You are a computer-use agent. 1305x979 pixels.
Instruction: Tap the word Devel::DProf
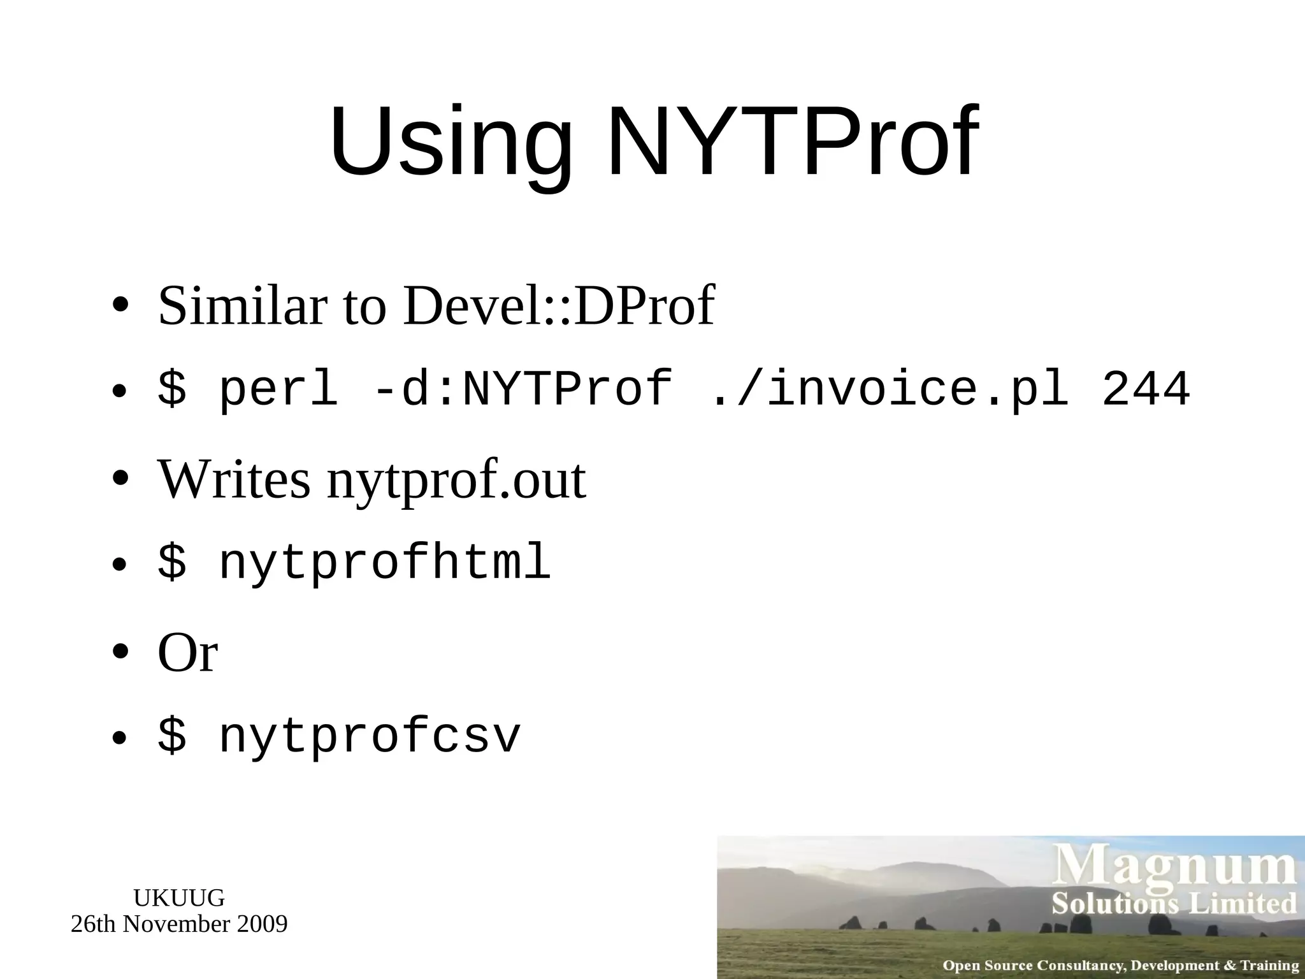[x=558, y=306]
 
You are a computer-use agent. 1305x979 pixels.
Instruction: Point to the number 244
[x=1145, y=389]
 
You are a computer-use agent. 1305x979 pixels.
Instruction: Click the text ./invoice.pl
[x=888, y=389]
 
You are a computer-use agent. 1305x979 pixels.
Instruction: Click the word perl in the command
[x=278, y=389]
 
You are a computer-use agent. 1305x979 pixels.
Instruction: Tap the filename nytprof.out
[x=456, y=481]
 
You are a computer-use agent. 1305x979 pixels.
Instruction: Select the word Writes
[x=234, y=479]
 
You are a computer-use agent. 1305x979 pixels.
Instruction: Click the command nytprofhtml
[x=384, y=562]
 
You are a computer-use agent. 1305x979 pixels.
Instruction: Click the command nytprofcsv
[x=370, y=736]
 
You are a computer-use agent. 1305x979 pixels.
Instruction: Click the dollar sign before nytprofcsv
[x=172, y=736]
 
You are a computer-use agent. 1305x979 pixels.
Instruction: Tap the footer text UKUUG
[x=179, y=898]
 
